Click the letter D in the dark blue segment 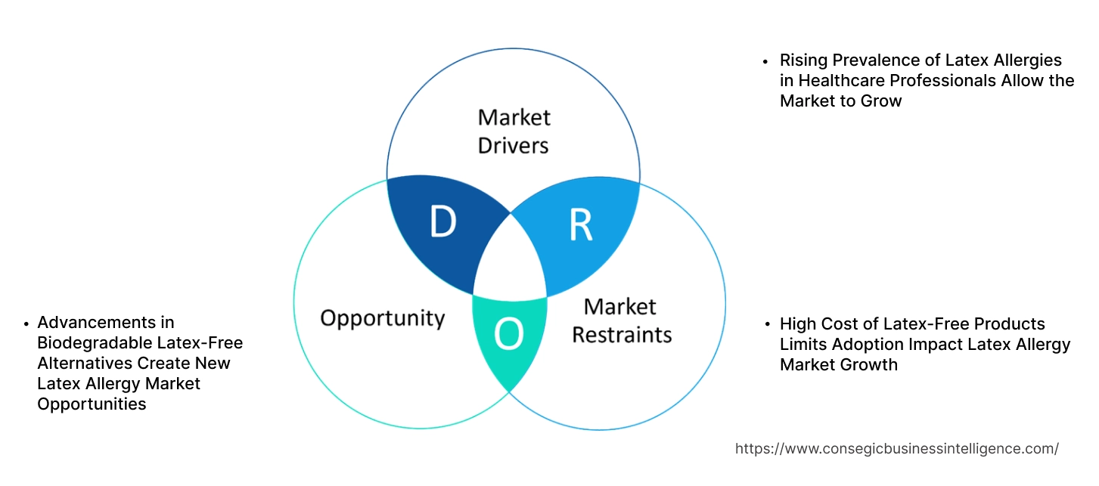(443, 222)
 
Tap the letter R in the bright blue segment (580, 224)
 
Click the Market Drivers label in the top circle (514, 131)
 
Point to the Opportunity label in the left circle (382, 317)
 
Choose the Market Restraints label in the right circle (621, 320)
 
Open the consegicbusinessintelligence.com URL (896, 448)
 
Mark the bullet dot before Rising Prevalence (765, 61)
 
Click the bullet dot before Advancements (26, 323)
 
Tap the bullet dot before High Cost (765, 325)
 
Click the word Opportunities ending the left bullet (92, 404)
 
